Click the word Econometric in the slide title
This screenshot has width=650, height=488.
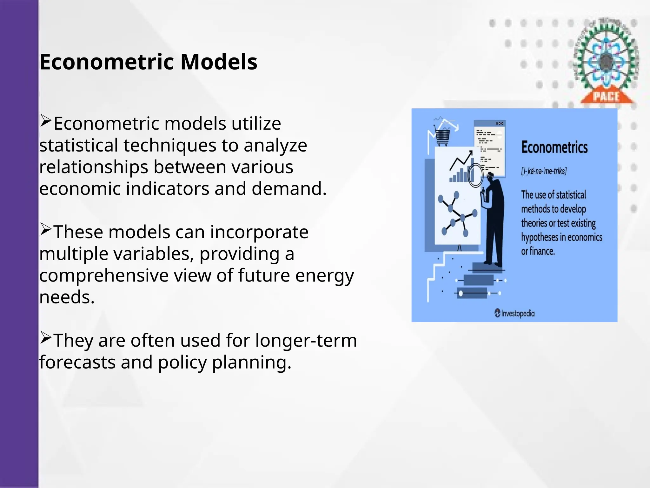(107, 62)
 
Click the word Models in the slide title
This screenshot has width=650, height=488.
(219, 62)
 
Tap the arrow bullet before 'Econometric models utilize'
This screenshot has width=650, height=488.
(46, 121)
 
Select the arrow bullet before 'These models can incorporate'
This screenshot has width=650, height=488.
(46, 230)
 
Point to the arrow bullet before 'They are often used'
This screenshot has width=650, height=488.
(46, 338)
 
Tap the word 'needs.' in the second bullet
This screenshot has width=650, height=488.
(67, 297)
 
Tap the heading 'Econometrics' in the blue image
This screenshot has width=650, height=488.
(554, 147)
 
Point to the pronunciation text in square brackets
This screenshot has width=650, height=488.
(544, 171)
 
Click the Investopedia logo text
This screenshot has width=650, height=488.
(517, 314)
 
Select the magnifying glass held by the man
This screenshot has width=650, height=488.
(475, 175)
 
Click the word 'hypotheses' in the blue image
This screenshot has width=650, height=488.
(539, 237)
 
